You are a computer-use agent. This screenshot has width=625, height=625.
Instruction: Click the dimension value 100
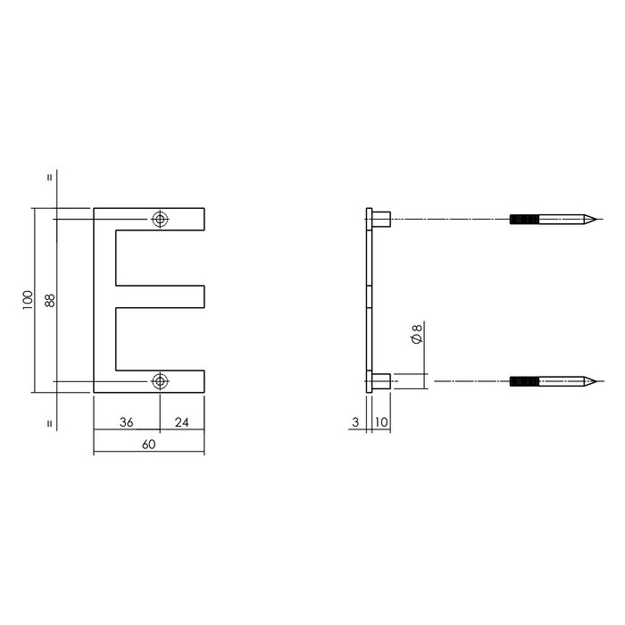click(29, 300)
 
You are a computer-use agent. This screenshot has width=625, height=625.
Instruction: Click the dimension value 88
click(50, 300)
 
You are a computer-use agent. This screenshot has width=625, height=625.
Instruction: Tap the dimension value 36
click(126, 421)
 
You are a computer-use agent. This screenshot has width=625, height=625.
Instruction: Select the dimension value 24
click(182, 421)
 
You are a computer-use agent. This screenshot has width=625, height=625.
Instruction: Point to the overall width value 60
click(148, 444)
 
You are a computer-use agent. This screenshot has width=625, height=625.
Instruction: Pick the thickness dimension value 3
click(356, 421)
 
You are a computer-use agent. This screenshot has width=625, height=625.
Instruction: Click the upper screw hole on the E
click(160, 219)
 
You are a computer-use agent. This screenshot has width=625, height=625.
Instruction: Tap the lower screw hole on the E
click(160, 381)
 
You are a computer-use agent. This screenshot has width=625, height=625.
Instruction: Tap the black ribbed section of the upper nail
click(525, 219)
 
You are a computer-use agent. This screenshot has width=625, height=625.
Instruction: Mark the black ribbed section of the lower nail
click(525, 381)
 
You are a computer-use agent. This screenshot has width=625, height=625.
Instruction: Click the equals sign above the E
click(49, 177)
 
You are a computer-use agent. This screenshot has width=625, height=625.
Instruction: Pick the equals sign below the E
click(49, 423)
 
